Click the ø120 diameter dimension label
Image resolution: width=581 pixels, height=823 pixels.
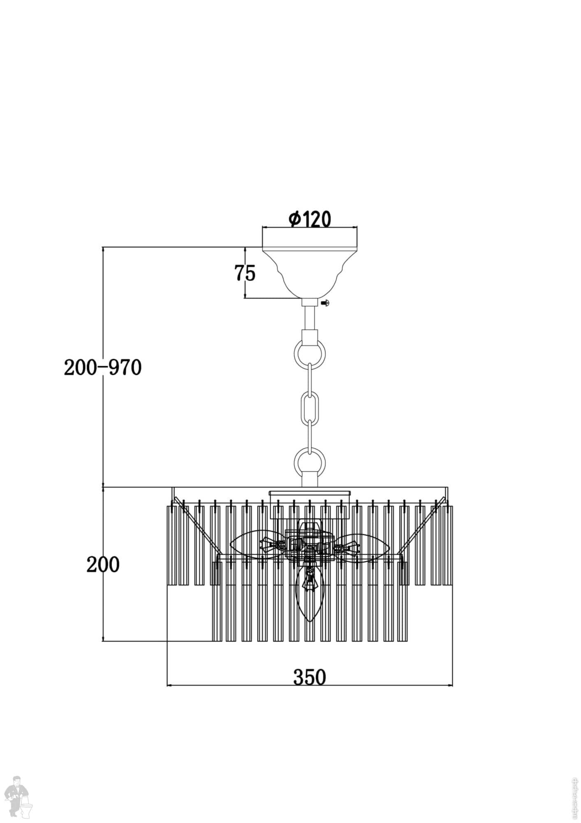click(310, 219)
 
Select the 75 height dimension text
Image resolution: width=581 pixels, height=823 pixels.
click(245, 273)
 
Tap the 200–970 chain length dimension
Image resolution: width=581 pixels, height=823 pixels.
click(102, 367)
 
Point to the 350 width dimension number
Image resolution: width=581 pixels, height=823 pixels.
click(309, 677)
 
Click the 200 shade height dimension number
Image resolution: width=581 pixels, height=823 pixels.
click(103, 565)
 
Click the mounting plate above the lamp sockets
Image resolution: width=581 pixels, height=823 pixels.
click(310, 493)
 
